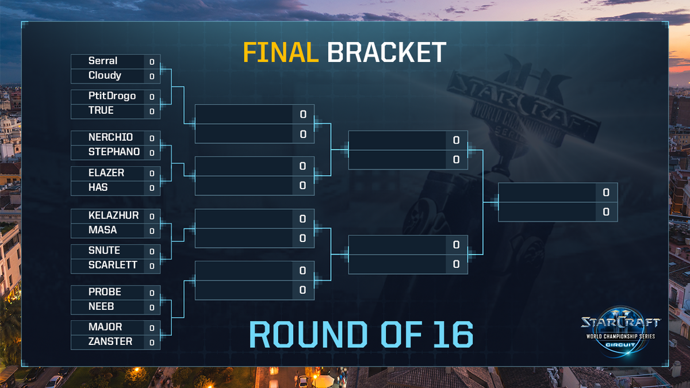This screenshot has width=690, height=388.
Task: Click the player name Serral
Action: click(x=103, y=61)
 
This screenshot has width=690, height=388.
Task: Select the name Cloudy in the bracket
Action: click(x=105, y=76)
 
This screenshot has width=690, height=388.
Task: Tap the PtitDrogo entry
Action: click(x=112, y=96)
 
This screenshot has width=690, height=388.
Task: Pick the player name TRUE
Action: click(x=101, y=110)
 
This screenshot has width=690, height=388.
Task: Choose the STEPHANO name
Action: click(x=114, y=152)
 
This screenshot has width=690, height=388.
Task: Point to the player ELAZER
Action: click(x=106, y=172)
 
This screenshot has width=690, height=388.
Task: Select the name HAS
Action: click(x=98, y=187)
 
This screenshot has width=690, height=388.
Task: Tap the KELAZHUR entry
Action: click(x=113, y=216)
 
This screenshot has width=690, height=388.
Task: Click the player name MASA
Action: click(x=103, y=230)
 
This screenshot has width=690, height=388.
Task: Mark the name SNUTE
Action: click(x=104, y=251)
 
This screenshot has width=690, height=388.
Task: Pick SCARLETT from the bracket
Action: click(x=113, y=266)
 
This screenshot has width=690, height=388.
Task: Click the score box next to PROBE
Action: click(x=152, y=293)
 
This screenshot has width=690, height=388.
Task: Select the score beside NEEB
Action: click(x=152, y=308)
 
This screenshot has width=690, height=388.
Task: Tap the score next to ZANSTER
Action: click(x=152, y=343)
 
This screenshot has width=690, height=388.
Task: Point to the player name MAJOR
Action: click(x=105, y=327)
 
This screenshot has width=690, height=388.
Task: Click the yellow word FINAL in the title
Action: click(x=281, y=53)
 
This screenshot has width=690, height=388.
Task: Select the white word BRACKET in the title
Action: click(x=386, y=53)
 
